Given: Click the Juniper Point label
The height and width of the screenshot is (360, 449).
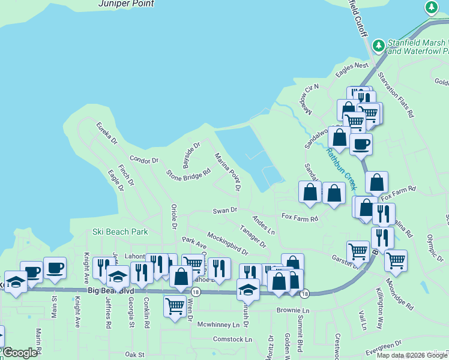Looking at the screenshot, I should [x=125, y=4].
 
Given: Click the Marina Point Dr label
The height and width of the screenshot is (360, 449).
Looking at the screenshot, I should [x=228, y=172].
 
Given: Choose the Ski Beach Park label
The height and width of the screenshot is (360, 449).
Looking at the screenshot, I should [x=120, y=232].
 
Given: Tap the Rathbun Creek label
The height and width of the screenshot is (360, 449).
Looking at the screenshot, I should [x=342, y=169].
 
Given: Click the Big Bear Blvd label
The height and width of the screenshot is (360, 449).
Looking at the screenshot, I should [x=110, y=290].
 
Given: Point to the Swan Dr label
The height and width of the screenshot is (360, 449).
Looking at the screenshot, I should [x=225, y=211].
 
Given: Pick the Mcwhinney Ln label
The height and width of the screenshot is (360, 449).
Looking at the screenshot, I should [x=218, y=325].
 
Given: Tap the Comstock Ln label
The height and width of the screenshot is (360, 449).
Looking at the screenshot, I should [x=232, y=339].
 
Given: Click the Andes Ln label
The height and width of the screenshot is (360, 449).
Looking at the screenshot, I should [x=264, y=225].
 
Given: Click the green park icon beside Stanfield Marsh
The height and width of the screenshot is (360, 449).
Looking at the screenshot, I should [x=378, y=46].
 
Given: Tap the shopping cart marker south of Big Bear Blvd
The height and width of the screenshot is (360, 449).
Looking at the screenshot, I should [x=175, y=306].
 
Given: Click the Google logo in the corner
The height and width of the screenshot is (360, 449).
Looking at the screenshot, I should [x=20, y=353].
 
